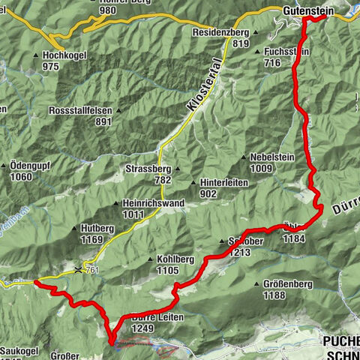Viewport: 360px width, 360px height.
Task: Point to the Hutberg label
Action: [x=100, y=229]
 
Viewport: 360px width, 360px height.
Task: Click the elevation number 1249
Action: [x=142, y=328]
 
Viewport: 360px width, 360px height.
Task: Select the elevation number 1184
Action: [x=293, y=238]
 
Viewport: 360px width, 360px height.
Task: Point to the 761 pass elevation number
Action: [x=93, y=270]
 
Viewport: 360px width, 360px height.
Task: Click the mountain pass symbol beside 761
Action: [x=79, y=268]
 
